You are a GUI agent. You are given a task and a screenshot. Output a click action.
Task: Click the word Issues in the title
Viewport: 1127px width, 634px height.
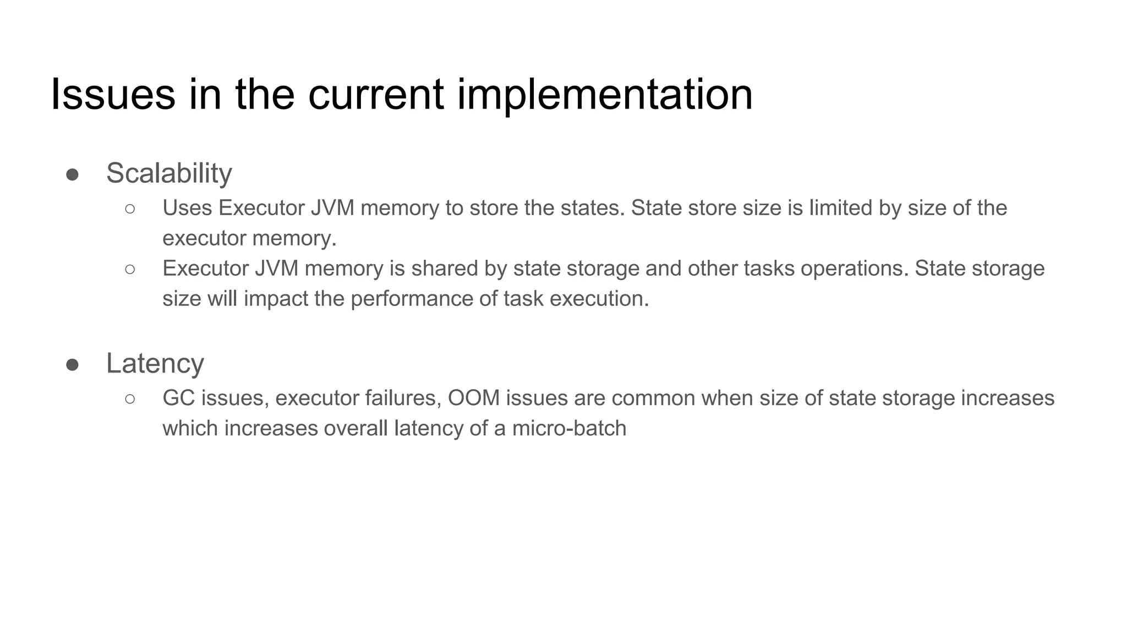(113, 95)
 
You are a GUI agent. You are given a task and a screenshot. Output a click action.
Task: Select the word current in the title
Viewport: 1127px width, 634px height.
(375, 95)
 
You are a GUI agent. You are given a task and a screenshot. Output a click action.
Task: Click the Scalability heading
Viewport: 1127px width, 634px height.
(169, 173)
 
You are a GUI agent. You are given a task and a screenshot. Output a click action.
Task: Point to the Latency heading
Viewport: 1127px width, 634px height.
(155, 364)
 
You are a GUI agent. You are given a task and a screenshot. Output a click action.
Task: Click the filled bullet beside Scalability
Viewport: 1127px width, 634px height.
(72, 175)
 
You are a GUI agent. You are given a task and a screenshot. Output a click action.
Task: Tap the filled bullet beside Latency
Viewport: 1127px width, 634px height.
(72, 365)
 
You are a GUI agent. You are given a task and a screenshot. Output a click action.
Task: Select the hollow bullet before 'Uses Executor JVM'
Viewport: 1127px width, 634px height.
(130, 209)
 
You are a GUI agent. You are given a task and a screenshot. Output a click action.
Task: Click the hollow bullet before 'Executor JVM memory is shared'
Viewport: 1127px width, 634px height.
(130, 269)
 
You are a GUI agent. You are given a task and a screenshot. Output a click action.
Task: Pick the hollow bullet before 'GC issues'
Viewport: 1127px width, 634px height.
(130, 398)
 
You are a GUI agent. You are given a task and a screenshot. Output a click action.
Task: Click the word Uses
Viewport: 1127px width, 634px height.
(187, 208)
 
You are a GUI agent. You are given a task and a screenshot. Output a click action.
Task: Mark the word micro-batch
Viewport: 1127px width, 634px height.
(569, 428)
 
